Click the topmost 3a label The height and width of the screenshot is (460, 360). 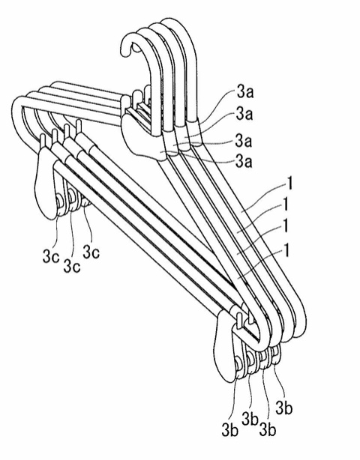point(245,92)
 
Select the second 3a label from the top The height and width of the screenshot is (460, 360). point(244,115)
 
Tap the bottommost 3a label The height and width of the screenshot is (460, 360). point(244,161)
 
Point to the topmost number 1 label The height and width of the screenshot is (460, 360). point(289,184)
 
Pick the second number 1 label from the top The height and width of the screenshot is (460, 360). point(285,205)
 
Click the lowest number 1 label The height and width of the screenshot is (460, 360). point(287,250)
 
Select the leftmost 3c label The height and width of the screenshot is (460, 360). point(51,257)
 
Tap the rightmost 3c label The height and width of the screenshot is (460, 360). point(91,252)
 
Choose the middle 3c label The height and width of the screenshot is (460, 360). point(72,266)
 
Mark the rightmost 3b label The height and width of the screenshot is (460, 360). point(284,408)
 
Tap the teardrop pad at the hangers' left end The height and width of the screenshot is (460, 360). point(47,183)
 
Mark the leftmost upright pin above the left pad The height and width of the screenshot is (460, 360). point(43,140)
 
